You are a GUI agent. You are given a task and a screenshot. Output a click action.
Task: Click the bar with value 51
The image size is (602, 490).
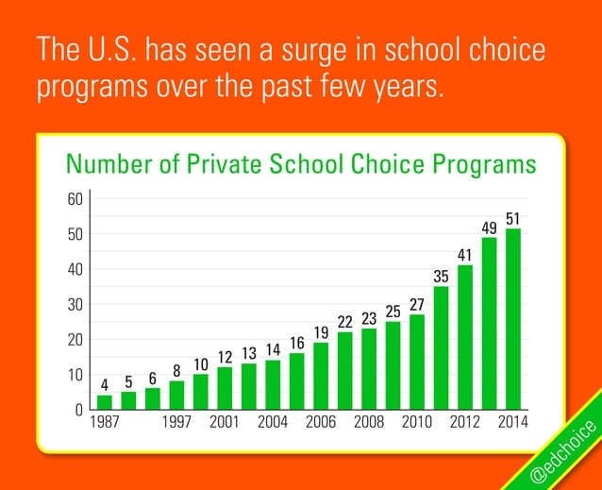point(513,319)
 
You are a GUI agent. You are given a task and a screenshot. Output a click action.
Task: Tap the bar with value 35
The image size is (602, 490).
point(441,347)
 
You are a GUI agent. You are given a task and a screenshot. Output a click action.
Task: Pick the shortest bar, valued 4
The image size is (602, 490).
point(105,402)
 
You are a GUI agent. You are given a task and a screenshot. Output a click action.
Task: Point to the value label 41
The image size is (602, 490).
point(464,255)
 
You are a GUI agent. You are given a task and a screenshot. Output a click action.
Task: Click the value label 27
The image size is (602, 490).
point(416,304)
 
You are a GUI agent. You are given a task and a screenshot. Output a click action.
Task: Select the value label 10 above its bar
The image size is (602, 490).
point(201,364)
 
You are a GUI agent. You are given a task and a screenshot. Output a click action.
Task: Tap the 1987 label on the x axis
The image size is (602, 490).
point(105,422)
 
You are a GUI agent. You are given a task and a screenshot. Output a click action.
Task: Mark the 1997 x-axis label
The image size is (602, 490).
point(177,422)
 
